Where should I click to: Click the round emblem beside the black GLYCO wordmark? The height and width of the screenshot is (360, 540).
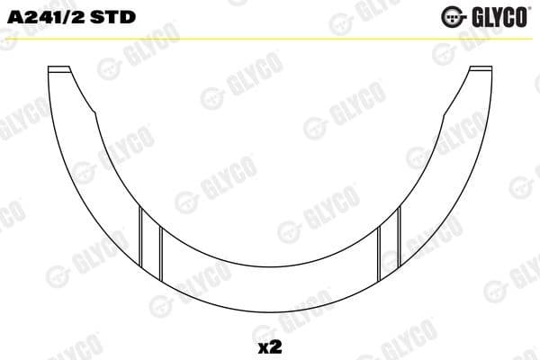(450, 16)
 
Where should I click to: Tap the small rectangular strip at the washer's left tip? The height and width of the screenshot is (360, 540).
(59, 69)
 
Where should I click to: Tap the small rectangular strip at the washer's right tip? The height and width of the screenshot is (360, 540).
(481, 69)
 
